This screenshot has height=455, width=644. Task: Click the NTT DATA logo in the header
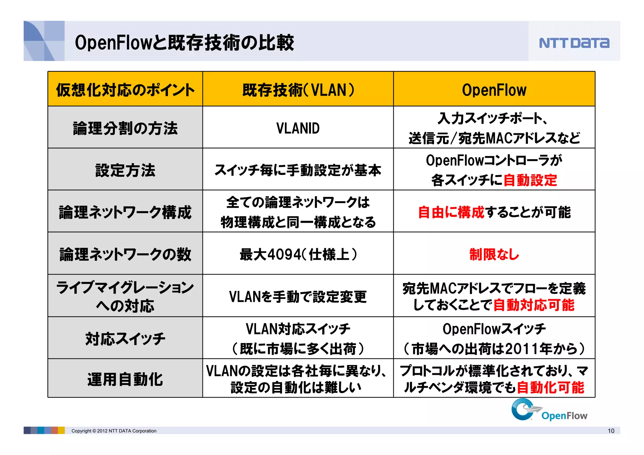click(x=574, y=43)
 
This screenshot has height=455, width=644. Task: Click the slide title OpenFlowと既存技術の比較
click(x=184, y=42)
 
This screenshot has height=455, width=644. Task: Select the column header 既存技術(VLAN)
click(x=298, y=90)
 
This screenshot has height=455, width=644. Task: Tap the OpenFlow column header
click(x=494, y=90)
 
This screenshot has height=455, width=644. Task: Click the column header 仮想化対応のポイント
click(x=125, y=90)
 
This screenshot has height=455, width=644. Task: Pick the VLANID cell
click(x=298, y=128)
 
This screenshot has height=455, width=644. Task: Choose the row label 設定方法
click(x=125, y=170)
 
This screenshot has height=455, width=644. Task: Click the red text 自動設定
click(x=530, y=180)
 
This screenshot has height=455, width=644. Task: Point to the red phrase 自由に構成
click(x=451, y=212)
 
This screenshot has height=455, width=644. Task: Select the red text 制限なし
click(x=494, y=254)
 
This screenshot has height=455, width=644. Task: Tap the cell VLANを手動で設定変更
click(x=298, y=297)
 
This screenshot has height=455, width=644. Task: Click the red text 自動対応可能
click(x=534, y=305)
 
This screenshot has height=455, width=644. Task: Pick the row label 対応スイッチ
click(x=125, y=339)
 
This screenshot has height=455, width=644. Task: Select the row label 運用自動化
click(x=125, y=379)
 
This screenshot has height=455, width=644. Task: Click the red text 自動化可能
click(x=550, y=388)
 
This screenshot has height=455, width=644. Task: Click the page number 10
click(x=611, y=431)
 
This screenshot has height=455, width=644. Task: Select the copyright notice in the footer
click(x=114, y=431)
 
